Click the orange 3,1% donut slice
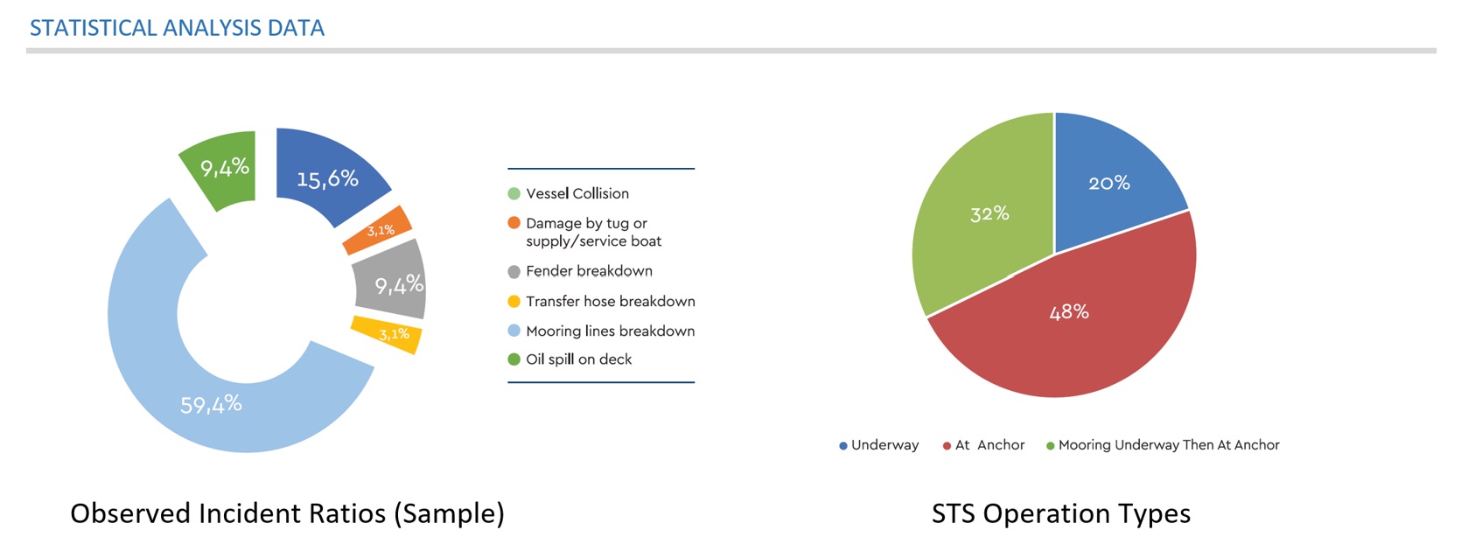coord(378,230)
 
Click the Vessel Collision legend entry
coord(568,193)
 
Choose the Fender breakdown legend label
coord(589,271)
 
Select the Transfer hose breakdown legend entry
coord(601,301)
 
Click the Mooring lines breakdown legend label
coord(610,331)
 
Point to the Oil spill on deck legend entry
coord(570,359)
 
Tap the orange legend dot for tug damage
coord(514,223)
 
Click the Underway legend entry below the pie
coord(878,445)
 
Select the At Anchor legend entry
coord(983,445)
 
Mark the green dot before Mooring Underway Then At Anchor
coord(1050,446)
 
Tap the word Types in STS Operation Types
coord(1155,514)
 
